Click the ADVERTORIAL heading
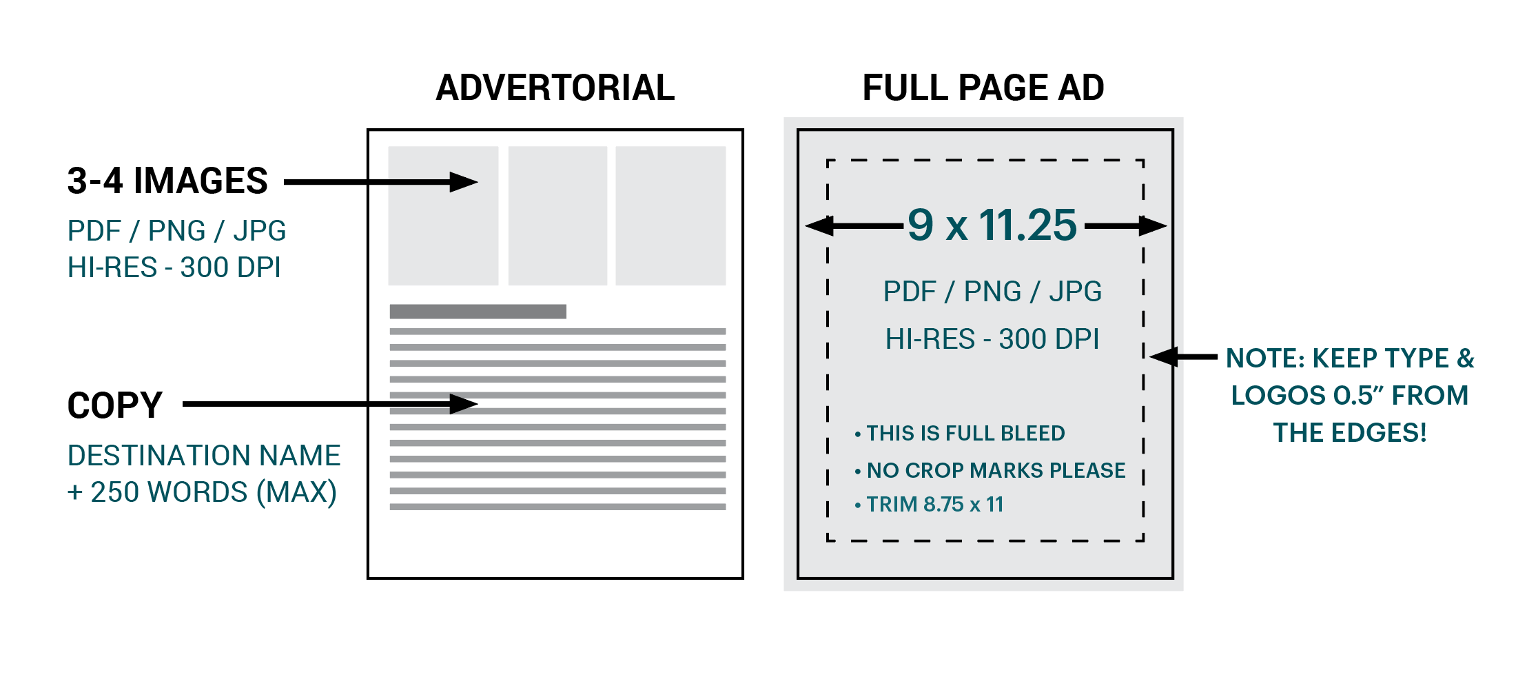(x=555, y=88)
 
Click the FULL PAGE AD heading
(x=983, y=88)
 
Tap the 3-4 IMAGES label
(x=167, y=181)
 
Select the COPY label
(x=114, y=405)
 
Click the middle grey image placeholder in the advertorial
(x=557, y=215)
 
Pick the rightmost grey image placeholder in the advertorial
(x=670, y=215)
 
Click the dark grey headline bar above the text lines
(x=478, y=312)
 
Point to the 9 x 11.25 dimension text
(x=992, y=225)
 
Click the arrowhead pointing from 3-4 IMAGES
(x=464, y=182)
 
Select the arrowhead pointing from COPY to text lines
(x=464, y=404)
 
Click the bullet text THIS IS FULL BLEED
(x=965, y=433)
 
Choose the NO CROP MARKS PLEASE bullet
(x=995, y=470)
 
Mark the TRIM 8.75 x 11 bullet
(x=934, y=505)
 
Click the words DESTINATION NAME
(x=204, y=456)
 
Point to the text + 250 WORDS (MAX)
(x=202, y=492)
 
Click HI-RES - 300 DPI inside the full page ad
(x=992, y=339)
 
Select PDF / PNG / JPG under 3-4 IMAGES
(x=176, y=231)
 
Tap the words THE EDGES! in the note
(x=1349, y=433)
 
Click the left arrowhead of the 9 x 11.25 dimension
(x=818, y=225)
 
